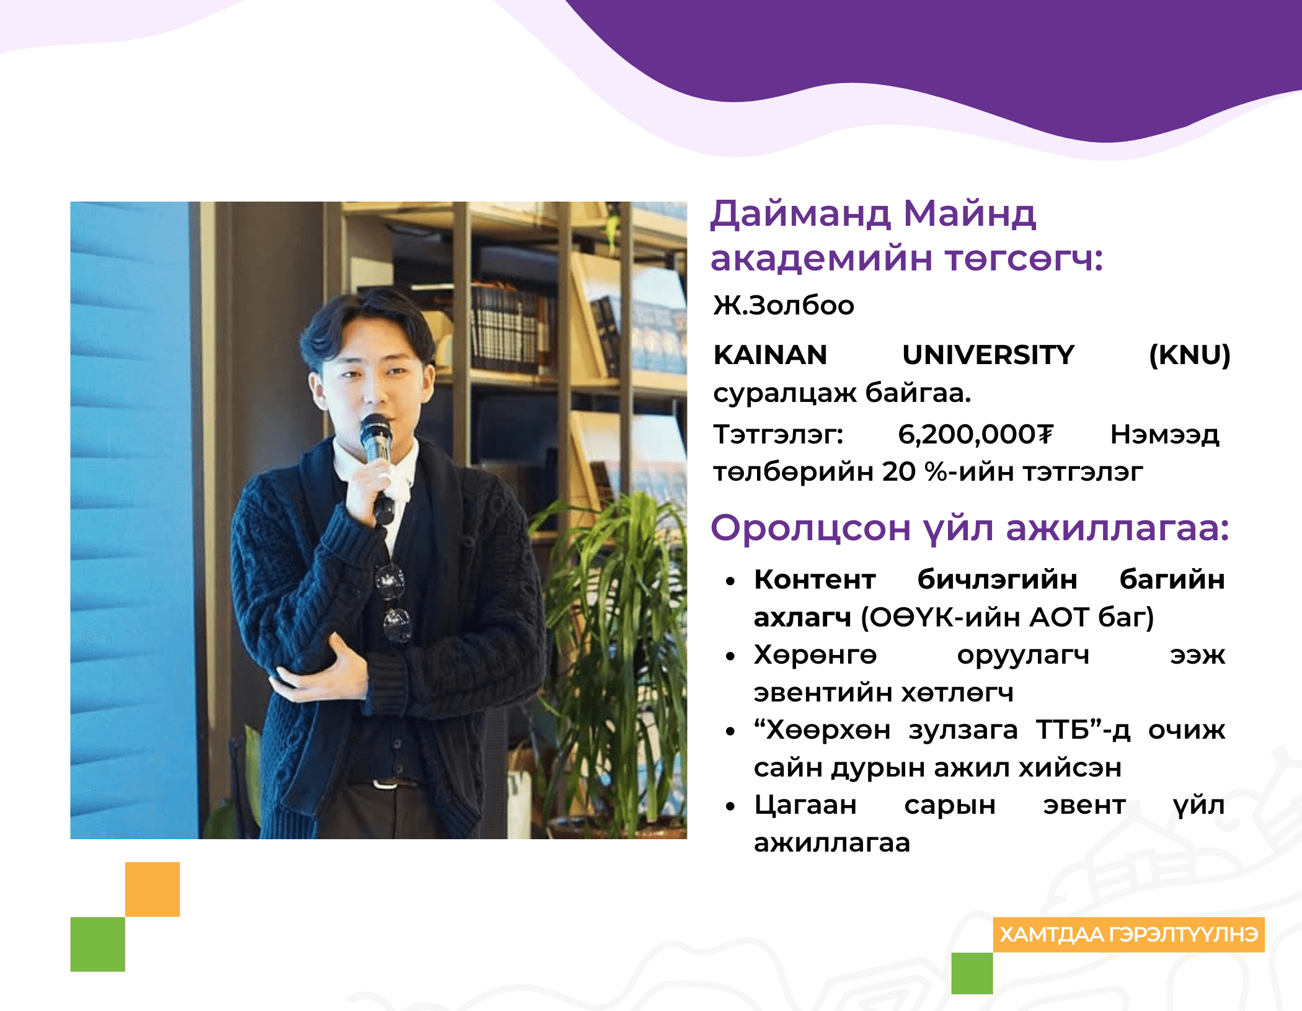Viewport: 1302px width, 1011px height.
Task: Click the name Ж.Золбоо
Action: point(784,305)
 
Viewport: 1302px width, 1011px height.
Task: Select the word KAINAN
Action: point(770,355)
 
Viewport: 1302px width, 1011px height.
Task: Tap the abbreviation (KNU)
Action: point(1189,355)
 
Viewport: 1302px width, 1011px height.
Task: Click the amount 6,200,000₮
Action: point(975,434)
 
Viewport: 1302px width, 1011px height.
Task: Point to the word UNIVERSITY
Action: point(988,355)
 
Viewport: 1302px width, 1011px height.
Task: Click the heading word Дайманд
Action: point(800,214)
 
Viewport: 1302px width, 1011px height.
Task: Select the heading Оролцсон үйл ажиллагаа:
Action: point(969,528)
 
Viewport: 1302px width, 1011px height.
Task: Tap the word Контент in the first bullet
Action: point(815,579)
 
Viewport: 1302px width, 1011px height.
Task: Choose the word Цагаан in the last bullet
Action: point(805,805)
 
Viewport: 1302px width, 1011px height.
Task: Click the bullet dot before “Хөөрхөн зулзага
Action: point(730,732)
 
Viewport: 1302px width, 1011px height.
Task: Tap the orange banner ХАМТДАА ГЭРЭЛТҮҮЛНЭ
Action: point(1128,935)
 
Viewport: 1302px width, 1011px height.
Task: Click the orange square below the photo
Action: point(153,889)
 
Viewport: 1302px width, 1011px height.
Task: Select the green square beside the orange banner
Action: point(972,973)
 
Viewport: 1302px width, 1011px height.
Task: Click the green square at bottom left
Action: point(97,944)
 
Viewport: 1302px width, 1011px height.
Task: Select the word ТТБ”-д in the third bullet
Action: point(1083,730)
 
